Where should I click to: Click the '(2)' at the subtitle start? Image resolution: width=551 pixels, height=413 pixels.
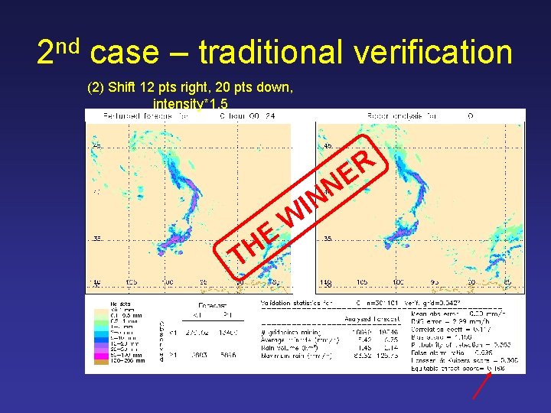click(x=96, y=87)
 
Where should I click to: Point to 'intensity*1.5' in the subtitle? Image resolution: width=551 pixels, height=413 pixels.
click(x=191, y=103)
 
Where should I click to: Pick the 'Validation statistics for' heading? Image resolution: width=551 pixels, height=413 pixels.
click(x=296, y=304)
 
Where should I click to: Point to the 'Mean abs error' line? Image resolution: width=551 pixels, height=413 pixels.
click(x=451, y=311)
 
